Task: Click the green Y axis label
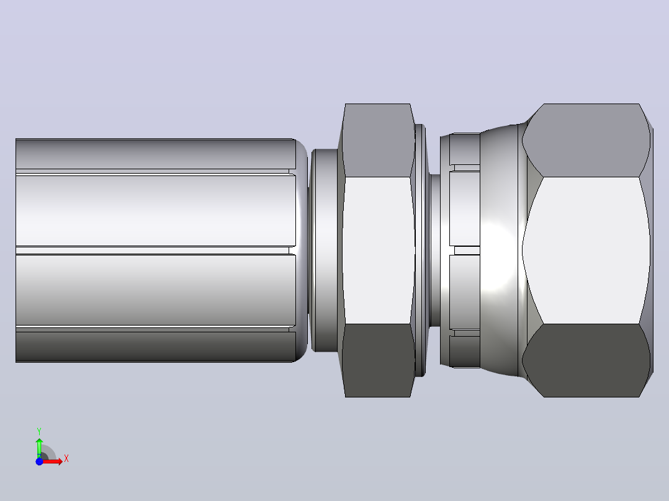[x=39, y=432]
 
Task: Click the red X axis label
[x=66, y=459]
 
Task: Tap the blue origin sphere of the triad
[x=39, y=462]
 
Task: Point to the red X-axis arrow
[x=53, y=461]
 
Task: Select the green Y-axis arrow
[x=39, y=448]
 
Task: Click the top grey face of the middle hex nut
[x=377, y=140]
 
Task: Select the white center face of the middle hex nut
[x=378, y=250]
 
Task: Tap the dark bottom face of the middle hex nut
[x=377, y=360]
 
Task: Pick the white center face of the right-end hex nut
[x=586, y=250]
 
